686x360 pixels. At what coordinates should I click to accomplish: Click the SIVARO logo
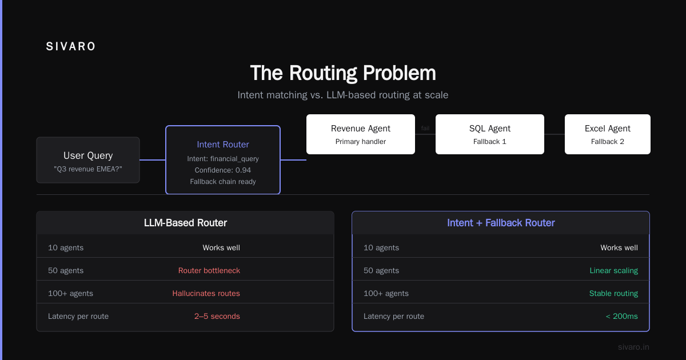(x=70, y=46)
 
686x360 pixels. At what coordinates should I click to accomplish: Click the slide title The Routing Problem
(x=343, y=73)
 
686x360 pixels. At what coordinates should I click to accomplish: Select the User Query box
(x=88, y=160)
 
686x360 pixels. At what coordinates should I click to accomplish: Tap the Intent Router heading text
(x=223, y=145)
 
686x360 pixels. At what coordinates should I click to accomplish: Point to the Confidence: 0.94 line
(x=223, y=170)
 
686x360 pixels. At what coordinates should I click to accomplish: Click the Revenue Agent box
(x=361, y=134)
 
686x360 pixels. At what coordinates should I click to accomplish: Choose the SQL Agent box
(x=490, y=134)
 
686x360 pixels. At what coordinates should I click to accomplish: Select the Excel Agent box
(x=608, y=134)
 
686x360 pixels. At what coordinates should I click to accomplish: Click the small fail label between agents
(x=425, y=128)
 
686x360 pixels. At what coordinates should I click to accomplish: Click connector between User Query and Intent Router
(x=153, y=160)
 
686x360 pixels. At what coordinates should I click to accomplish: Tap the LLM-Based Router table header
(x=185, y=223)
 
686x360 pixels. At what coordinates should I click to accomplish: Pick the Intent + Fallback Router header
(x=501, y=223)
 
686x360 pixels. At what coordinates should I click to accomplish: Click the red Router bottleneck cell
(x=209, y=271)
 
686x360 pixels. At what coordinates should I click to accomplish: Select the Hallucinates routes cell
(x=206, y=294)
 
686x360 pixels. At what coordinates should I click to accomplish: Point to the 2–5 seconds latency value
(x=217, y=316)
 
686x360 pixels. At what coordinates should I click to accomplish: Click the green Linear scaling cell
(x=614, y=271)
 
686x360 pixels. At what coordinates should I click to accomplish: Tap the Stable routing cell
(x=614, y=294)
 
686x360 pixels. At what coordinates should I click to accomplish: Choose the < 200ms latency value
(x=622, y=316)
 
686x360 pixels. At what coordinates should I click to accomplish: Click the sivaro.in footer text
(x=633, y=347)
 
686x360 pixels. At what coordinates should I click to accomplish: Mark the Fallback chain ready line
(x=223, y=182)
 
